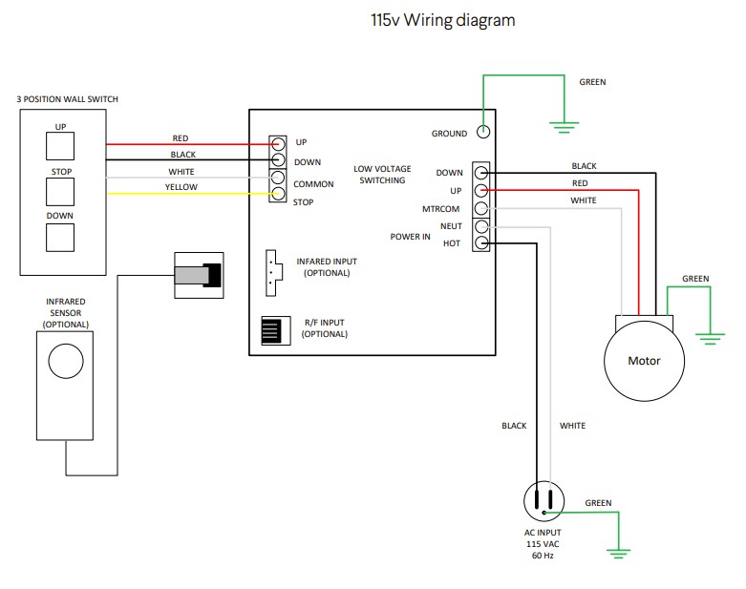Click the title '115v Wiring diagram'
(442, 20)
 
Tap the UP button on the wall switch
(60, 145)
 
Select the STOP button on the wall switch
(60, 191)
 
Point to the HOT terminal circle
(481, 243)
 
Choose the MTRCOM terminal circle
(481, 208)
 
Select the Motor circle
(643, 361)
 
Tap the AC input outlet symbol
(545, 499)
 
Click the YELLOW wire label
(181, 187)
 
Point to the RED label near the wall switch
(181, 138)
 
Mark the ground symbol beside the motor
(709, 335)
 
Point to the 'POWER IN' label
(410, 236)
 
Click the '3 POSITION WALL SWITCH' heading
(68, 99)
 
